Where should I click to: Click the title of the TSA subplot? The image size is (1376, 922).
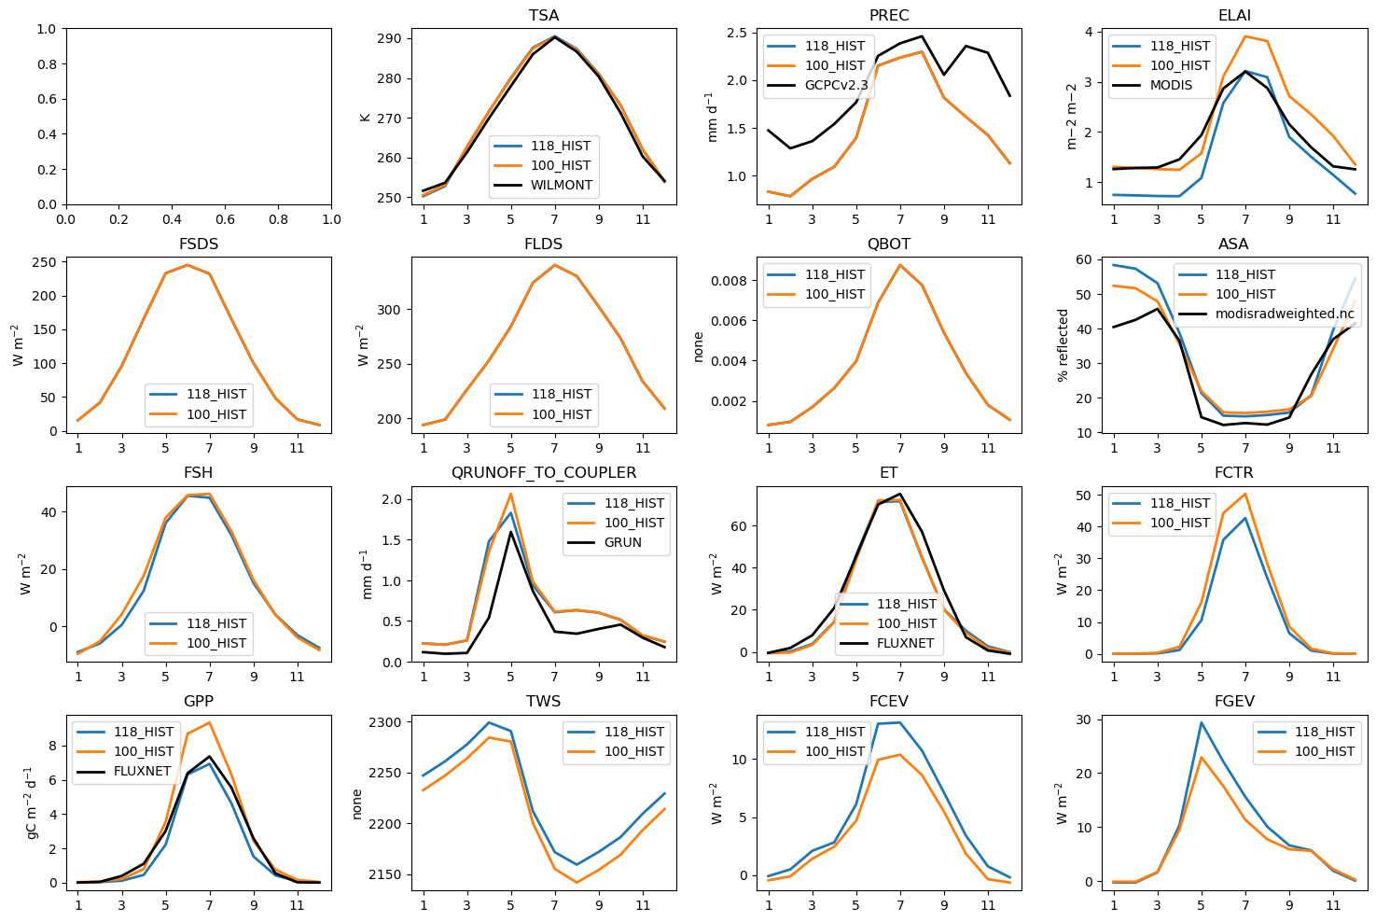543,15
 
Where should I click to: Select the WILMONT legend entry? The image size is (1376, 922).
562,185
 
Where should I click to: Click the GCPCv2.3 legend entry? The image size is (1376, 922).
836,85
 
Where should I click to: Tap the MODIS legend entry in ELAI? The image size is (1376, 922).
1171,85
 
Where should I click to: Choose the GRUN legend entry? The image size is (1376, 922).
622,542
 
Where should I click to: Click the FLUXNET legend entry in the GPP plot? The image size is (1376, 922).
142,771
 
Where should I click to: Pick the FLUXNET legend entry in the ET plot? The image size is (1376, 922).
905,643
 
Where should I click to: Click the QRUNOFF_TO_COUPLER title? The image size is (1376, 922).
543,472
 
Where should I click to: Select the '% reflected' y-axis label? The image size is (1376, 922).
1063,345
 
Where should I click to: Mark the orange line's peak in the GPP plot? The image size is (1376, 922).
209,722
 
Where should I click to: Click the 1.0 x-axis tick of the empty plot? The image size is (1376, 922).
331,219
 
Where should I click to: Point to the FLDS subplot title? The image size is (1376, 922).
543,244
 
